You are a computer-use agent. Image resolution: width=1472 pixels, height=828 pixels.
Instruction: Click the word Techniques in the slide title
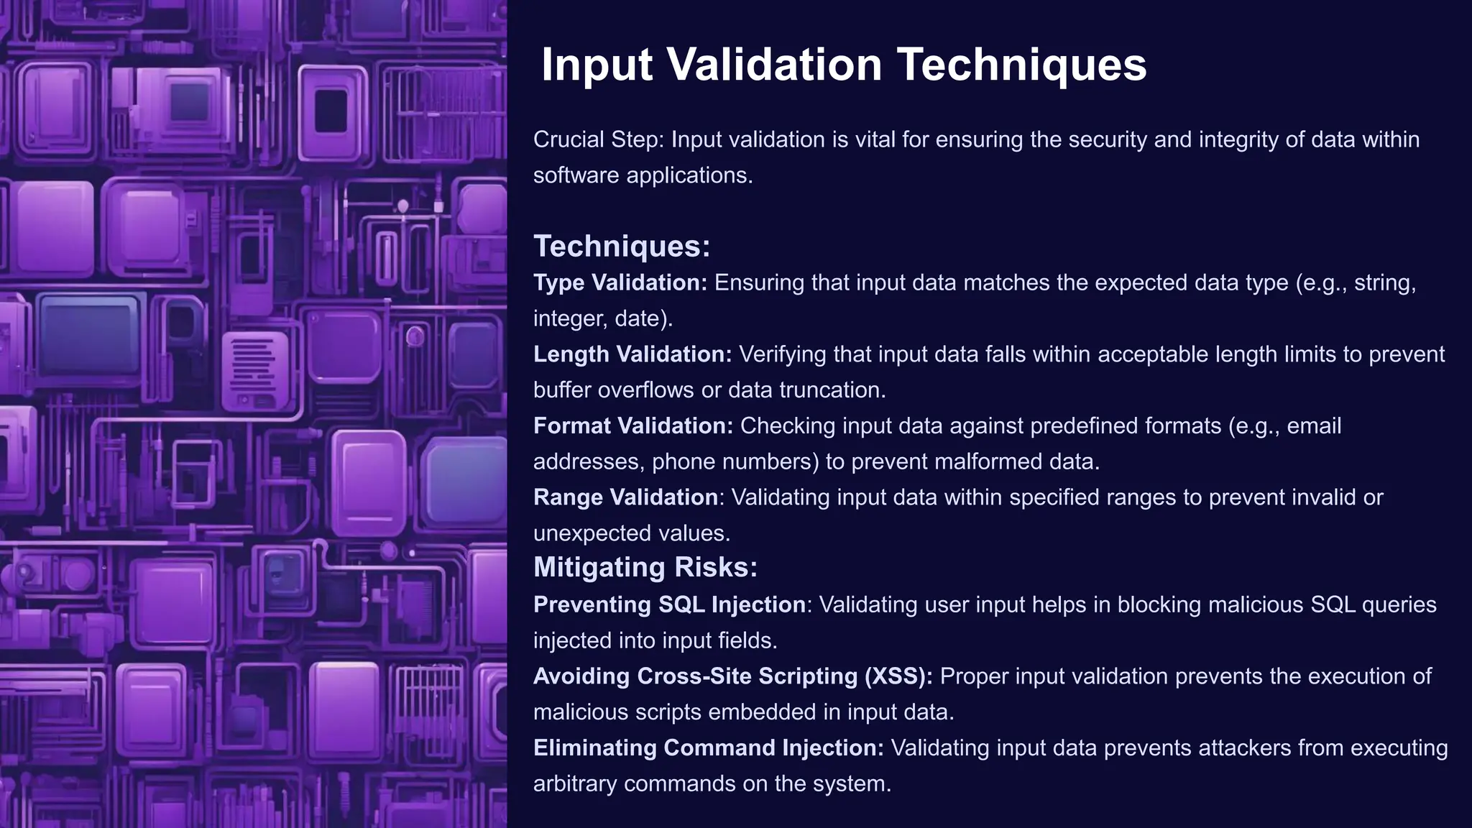click(x=1021, y=65)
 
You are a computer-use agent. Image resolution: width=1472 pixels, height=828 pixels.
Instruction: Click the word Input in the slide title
click(x=597, y=65)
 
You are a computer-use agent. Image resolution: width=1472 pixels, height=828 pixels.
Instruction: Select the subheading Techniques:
click(x=622, y=247)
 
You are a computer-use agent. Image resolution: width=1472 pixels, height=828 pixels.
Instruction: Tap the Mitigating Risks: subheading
click(x=645, y=567)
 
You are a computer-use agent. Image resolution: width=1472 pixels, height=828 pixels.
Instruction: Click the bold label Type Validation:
click(x=620, y=282)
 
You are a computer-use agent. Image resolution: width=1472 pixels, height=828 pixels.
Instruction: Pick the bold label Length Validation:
click(x=632, y=354)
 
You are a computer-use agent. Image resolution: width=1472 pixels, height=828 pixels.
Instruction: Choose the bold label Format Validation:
click(x=633, y=425)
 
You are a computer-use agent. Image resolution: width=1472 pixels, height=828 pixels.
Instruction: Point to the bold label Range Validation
click(x=625, y=497)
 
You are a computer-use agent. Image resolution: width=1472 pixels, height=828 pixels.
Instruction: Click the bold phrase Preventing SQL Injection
click(x=669, y=604)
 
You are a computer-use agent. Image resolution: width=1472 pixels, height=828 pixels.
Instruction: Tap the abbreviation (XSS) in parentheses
click(x=898, y=676)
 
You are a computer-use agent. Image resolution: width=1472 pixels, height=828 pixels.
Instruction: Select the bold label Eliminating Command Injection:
click(x=709, y=747)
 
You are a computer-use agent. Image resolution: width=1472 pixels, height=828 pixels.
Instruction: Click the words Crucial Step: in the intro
click(x=599, y=139)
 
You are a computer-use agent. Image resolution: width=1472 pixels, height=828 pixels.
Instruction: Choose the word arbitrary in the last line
click(x=575, y=783)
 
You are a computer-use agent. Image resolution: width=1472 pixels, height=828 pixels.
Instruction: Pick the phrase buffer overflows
click(x=614, y=390)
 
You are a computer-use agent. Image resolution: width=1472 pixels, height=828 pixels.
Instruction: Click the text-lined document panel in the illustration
click(x=253, y=367)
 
